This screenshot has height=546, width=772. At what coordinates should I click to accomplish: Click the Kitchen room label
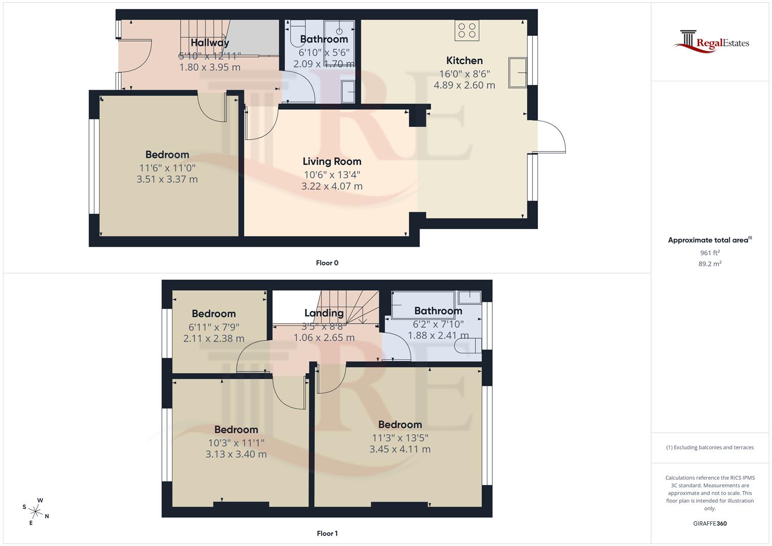pyautogui.click(x=464, y=61)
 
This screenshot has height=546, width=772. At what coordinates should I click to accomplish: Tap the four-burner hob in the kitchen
pyautogui.click(x=467, y=30)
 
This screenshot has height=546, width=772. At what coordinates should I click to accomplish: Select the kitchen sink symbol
pyautogui.click(x=518, y=71)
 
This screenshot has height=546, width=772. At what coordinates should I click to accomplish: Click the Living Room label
pyautogui.click(x=332, y=162)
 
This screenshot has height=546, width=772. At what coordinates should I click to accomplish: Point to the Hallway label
pyautogui.click(x=210, y=43)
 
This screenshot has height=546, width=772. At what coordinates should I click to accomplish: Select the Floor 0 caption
pyautogui.click(x=327, y=263)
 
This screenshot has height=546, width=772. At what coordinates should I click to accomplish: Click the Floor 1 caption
pyautogui.click(x=327, y=533)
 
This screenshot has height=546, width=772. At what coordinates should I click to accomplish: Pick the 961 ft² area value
pyautogui.click(x=710, y=253)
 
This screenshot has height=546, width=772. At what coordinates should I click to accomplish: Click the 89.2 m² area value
pyautogui.click(x=710, y=264)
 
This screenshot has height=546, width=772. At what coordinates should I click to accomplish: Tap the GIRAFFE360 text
pyautogui.click(x=710, y=524)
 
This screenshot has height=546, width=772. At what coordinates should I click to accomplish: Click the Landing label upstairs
pyautogui.click(x=324, y=313)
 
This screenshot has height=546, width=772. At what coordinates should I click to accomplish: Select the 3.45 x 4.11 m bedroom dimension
pyautogui.click(x=400, y=449)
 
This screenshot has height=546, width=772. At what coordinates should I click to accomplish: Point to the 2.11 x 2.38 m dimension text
pyautogui.click(x=213, y=339)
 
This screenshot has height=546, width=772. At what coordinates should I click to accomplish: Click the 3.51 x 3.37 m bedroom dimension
pyautogui.click(x=167, y=179)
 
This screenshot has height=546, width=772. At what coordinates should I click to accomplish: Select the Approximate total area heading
pyautogui.click(x=709, y=240)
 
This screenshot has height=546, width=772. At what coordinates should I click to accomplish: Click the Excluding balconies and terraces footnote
pyautogui.click(x=710, y=447)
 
